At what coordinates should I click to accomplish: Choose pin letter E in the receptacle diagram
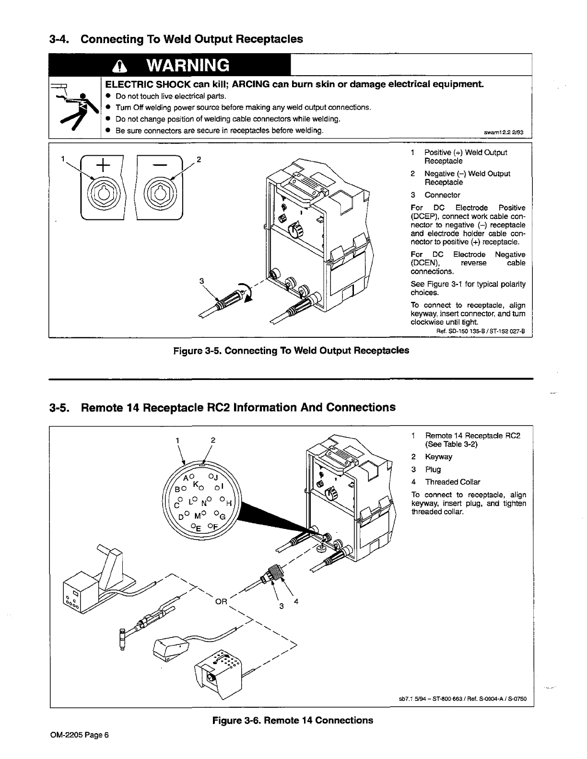pyautogui.click(x=197, y=527)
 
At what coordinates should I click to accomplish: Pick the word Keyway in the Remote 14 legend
pyautogui.click(x=438, y=457)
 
